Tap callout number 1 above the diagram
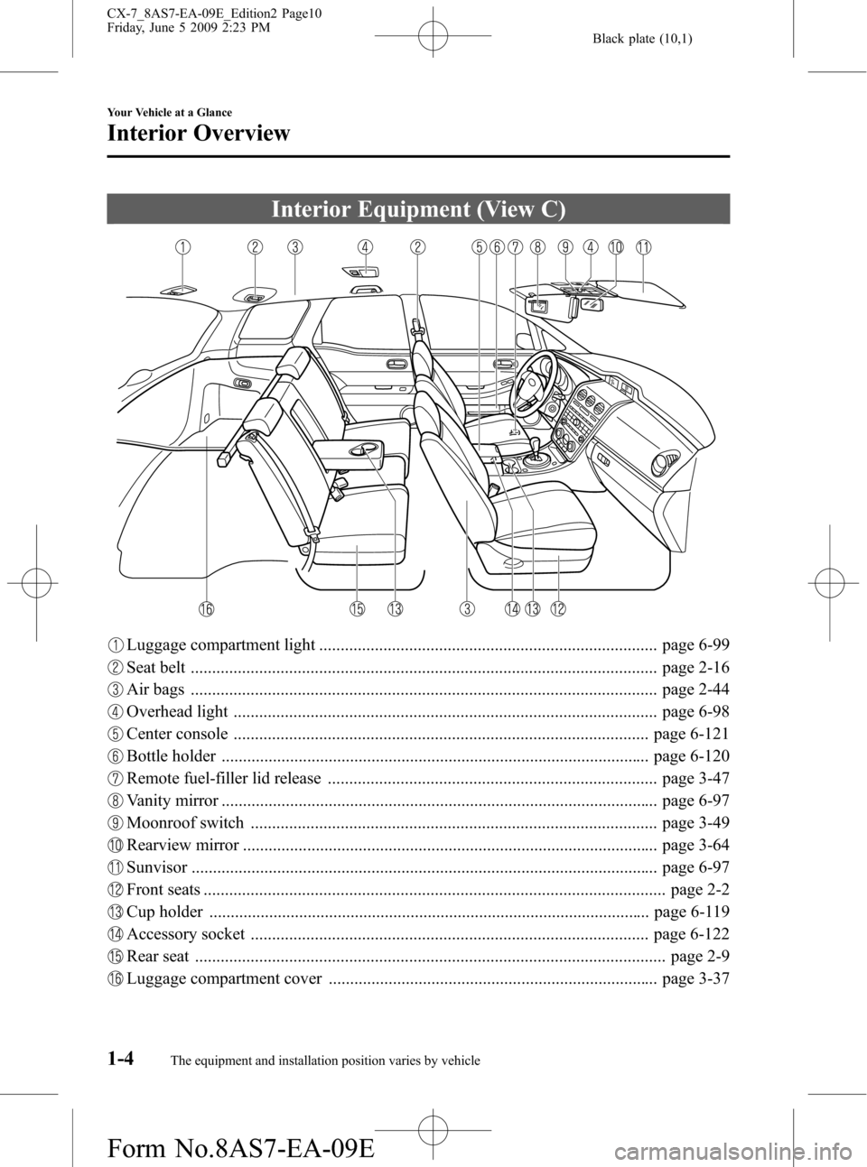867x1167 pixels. click(x=182, y=246)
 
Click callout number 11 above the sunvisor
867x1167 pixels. click(x=644, y=246)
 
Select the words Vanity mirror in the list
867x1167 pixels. click(x=172, y=801)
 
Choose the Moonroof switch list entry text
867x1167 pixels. click(x=185, y=822)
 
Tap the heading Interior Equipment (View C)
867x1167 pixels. click(x=418, y=209)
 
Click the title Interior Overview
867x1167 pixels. click(x=198, y=133)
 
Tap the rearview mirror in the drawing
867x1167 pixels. click(x=591, y=303)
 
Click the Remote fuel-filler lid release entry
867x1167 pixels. click(x=224, y=778)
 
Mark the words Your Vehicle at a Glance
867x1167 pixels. click(x=169, y=112)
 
